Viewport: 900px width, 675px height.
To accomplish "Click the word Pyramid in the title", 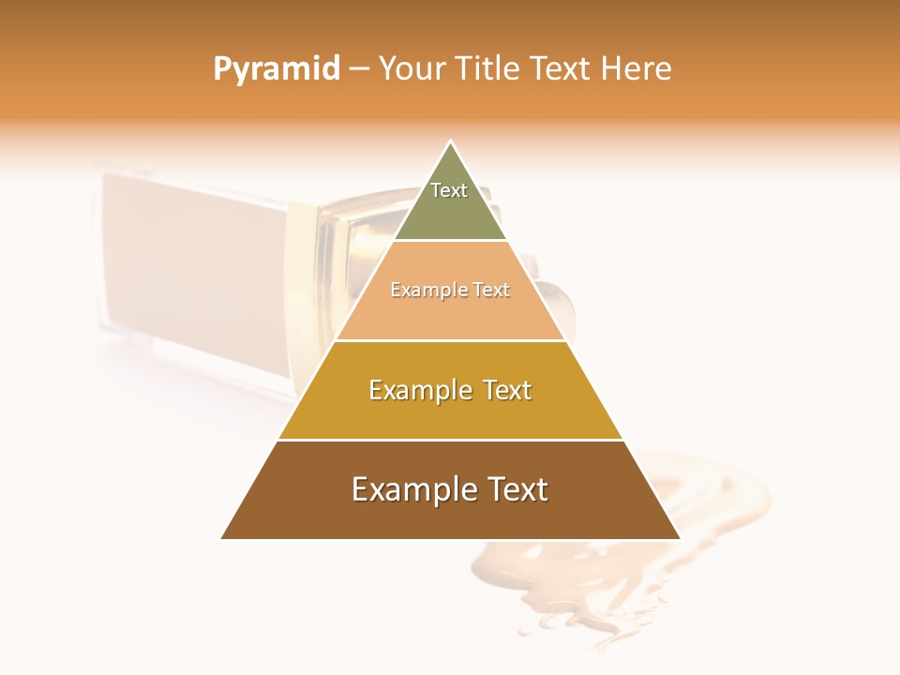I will point(276,69).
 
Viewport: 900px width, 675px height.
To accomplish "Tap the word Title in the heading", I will point(491,69).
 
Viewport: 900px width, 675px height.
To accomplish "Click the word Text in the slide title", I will point(562,69).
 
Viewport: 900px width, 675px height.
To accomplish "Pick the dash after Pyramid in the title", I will point(359,70).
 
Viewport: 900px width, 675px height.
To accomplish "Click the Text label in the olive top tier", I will point(449,190).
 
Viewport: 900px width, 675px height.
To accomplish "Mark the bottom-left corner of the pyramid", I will point(221,538).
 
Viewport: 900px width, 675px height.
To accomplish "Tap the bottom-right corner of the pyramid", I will point(680,538).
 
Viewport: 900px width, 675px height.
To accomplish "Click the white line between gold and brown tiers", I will point(450,440).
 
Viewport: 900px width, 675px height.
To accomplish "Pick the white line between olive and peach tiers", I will point(450,240).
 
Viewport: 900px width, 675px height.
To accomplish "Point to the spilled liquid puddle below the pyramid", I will point(562,581).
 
